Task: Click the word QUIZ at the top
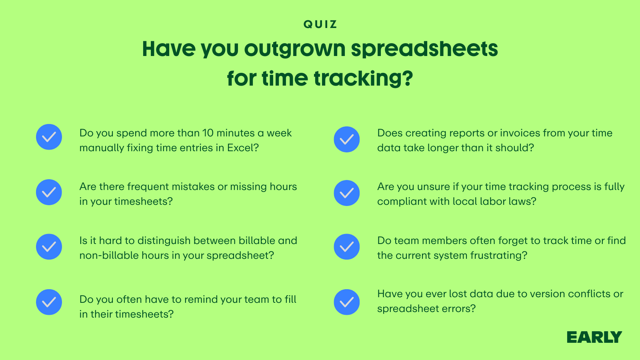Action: (320, 24)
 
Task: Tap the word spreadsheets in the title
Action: (424, 49)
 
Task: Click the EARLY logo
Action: (594, 337)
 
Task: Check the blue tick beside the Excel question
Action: (49, 137)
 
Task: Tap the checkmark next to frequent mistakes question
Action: (49, 192)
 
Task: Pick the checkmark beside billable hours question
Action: (49, 246)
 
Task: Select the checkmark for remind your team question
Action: (49, 302)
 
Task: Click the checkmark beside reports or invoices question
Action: (346, 140)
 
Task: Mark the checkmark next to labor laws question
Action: (346, 193)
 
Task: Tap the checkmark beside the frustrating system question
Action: (346, 246)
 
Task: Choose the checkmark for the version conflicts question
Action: (346, 302)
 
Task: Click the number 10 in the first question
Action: (208, 133)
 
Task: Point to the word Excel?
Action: (243, 148)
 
